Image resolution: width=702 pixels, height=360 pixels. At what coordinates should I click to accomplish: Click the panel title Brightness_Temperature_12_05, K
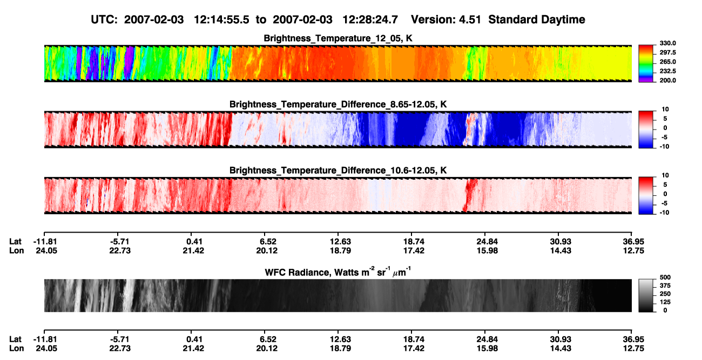click(338, 38)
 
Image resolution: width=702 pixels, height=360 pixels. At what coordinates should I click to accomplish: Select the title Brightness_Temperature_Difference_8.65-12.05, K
click(338, 104)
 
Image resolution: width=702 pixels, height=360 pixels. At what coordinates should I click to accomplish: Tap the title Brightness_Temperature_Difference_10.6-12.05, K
click(338, 171)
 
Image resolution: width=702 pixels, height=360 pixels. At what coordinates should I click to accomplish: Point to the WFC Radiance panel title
click(338, 271)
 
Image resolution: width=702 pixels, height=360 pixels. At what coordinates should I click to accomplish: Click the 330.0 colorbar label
click(667, 43)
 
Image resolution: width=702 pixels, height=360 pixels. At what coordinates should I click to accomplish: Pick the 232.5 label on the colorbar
click(667, 71)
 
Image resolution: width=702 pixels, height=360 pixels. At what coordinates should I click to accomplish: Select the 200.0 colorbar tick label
click(667, 80)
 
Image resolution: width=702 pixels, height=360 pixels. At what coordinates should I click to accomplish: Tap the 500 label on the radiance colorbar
click(665, 277)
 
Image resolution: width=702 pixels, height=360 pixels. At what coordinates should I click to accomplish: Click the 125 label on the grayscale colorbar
click(665, 302)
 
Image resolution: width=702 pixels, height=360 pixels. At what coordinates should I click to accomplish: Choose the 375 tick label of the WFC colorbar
click(665, 286)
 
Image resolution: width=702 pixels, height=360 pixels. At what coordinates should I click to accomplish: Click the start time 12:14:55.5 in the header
click(221, 19)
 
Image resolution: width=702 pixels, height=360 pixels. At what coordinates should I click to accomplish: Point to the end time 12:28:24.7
click(370, 19)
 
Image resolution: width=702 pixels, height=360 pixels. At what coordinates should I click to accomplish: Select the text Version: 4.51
click(446, 19)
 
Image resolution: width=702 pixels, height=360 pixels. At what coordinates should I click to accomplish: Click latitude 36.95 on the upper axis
click(633, 242)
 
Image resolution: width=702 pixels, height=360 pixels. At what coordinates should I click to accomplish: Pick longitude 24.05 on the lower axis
click(46, 349)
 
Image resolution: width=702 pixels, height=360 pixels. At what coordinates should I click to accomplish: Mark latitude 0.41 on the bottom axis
click(194, 339)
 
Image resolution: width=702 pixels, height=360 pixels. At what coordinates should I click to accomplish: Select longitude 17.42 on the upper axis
click(414, 250)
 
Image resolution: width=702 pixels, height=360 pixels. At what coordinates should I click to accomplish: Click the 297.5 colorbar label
click(667, 53)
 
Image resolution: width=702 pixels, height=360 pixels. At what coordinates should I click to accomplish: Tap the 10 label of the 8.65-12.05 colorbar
click(665, 110)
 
